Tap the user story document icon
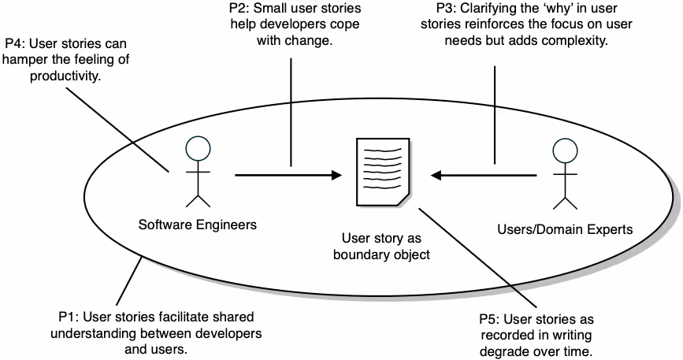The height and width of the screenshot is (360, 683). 381,172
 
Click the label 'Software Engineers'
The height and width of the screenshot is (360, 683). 198,225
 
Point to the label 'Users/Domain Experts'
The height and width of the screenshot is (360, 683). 565,230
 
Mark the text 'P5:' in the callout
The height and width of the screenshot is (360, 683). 491,319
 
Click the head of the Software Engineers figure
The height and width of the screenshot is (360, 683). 199,148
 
